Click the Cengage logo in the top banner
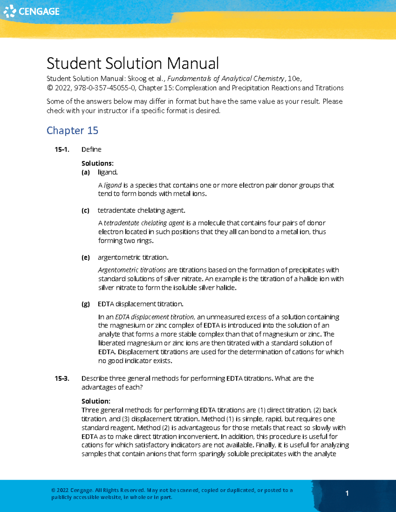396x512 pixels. pyautogui.click(x=32, y=11)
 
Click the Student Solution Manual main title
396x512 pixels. pyautogui.click(x=132, y=63)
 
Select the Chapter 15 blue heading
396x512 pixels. pyautogui.click(x=72, y=131)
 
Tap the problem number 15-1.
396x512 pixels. pyautogui.click(x=62, y=149)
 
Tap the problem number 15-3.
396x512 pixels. pyautogui.click(x=62, y=378)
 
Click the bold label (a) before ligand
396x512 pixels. pyautogui.click(x=85, y=172)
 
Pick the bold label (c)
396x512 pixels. pyautogui.click(x=85, y=210)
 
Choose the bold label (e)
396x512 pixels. pyautogui.click(x=85, y=257)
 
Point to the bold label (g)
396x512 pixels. pyautogui.click(x=85, y=304)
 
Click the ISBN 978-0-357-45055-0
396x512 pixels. pyautogui.click(x=105, y=88)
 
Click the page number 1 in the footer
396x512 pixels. pyautogui.click(x=347, y=493)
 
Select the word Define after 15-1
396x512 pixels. pyautogui.click(x=91, y=149)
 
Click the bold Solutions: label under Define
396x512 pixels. pyautogui.click(x=97, y=164)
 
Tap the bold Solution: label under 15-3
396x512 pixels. pyautogui.click(x=96, y=401)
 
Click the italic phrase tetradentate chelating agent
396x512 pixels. pyautogui.click(x=144, y=223)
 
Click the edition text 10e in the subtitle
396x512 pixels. pyautogui.click(x=294, y=78)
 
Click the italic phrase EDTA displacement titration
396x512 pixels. pyautogui.click(x=155, y=317)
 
